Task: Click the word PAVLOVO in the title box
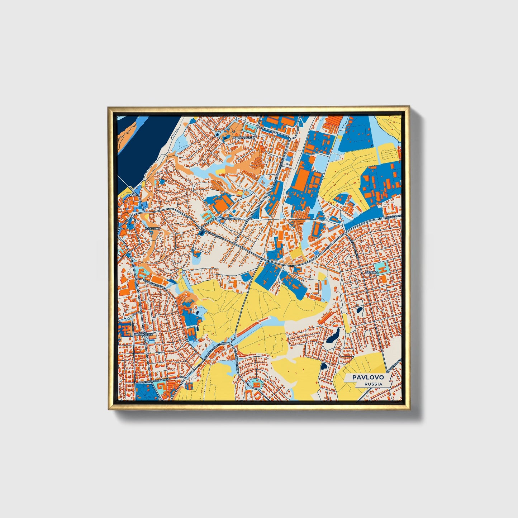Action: [367, 377]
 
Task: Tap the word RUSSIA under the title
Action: [373, 384]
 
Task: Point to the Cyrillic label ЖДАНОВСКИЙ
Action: [244, 138]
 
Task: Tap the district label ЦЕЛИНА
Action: [372, 272]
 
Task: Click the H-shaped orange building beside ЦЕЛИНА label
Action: [382, 267]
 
